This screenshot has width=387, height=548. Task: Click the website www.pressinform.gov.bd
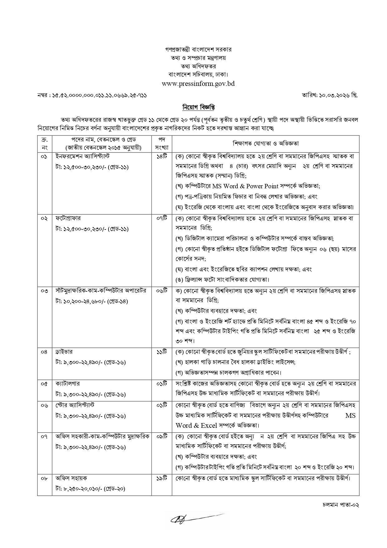tap(198, 83)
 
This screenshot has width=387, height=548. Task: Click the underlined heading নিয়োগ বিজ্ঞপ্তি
tap(198, 107)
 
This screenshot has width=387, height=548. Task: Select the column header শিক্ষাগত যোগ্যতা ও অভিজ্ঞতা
tap(265, 144)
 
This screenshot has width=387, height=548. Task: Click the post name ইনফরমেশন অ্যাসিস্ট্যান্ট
tap(82, 156)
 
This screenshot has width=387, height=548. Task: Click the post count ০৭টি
tap(162, 218)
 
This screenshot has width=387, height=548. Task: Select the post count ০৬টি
tap(162, 291)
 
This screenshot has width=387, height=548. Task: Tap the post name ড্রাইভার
tap(64, 352)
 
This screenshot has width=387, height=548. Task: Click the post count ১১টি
tap(162, 352)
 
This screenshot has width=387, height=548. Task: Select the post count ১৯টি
tap(162, 478)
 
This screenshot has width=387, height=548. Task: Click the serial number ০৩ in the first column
tap(44, 291)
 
